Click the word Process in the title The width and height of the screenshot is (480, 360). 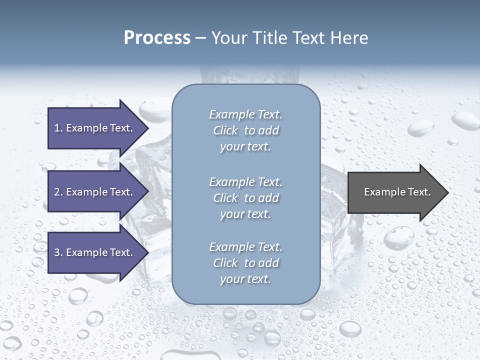(x=157, y=38)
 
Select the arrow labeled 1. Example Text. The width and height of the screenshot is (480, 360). (x=95, y=128)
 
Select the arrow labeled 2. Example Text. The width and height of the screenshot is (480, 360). (x=95, y=192)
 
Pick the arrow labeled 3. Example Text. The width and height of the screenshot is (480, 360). (x=95, y=252)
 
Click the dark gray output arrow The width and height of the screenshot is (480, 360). (x=395, y=192)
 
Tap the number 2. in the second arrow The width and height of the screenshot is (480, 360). (x=58, y=192)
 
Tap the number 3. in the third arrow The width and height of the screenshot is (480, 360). (x=58, y=252)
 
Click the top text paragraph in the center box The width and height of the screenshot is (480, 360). (x=245, y=130)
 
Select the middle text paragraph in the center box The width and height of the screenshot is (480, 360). (x=245, y=198)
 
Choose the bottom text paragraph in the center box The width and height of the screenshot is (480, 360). (x=245, y=263)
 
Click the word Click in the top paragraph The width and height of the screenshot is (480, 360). (x=225, y=130)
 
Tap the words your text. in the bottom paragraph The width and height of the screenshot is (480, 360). (x=245, y=279)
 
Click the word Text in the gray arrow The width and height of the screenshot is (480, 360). (x=419, y=192)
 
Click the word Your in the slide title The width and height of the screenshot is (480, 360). (x=228, y=38)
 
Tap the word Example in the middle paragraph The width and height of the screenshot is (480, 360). (x=230, y=182)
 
